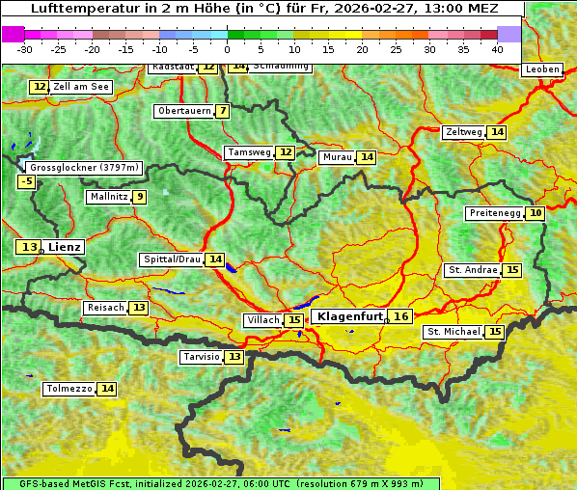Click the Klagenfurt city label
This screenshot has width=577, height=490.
click(349, 316)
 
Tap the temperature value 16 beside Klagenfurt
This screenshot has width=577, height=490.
click(401, 316)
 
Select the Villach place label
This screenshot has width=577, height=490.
click(262, 319)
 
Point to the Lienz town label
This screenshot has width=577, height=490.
click(65, 247)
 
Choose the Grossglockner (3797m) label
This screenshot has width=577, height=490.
click(84, 168)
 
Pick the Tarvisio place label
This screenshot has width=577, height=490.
click(202, 357)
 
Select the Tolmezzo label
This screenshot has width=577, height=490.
click(69, 389)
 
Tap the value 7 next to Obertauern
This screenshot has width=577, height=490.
click(223, 111)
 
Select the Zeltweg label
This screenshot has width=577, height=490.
click(463, 132)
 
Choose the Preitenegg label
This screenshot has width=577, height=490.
click(495, 212)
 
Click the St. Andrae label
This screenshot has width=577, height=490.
click(473, 270)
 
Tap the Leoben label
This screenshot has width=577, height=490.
click(541, 69)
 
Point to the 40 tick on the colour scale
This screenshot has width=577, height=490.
click(497, 49)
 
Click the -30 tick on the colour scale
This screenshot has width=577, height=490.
click(25, 49)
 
